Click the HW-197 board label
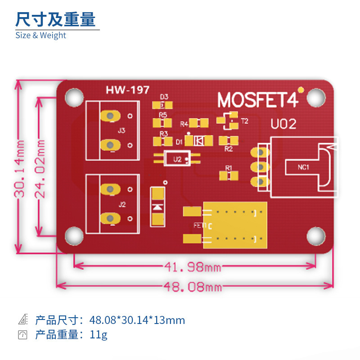127,90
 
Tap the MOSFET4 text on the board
258,100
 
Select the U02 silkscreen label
283,124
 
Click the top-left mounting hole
74,96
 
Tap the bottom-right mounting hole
316,235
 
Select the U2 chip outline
177,159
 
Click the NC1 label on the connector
303,168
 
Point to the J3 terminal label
121,131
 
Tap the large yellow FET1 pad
235,225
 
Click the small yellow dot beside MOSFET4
301,90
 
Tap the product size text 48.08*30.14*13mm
137,320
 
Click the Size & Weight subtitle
40,36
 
